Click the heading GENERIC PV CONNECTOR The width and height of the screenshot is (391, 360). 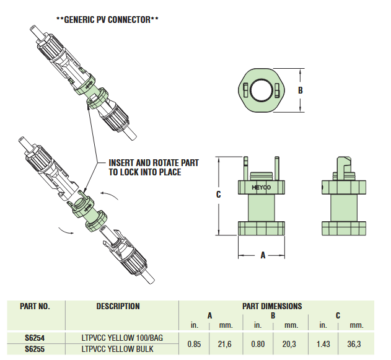pos(107,20)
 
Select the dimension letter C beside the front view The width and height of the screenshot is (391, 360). pos(219,195)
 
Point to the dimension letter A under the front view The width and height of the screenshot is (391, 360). pos(263,255)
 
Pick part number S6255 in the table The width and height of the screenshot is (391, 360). pos(35,349)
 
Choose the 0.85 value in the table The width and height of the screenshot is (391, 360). pos(193,344)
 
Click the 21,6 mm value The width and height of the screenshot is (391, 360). pos(225,344)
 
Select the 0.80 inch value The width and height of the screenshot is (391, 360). pos(257,344)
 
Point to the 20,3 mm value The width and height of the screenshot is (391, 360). pos(290,344)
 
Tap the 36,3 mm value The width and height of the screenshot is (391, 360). pos(356,344)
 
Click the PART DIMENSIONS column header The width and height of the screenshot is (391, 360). pos(273,306)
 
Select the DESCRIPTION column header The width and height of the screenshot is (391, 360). pos(118,306)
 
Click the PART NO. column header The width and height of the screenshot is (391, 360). pos(35,306)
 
